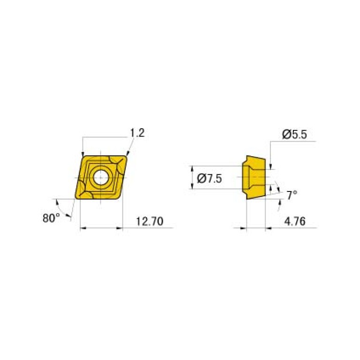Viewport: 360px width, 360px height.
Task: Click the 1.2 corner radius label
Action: [138, 133]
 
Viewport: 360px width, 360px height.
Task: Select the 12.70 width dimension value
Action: [149, 222]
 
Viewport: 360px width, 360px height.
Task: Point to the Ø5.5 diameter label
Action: [294, 135]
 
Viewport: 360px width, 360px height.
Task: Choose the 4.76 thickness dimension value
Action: [294, 222]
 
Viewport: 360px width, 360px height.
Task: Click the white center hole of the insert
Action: [100, 177]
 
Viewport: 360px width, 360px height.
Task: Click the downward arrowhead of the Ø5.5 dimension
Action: [271, 164]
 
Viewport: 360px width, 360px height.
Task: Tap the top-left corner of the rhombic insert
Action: [83, 157]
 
